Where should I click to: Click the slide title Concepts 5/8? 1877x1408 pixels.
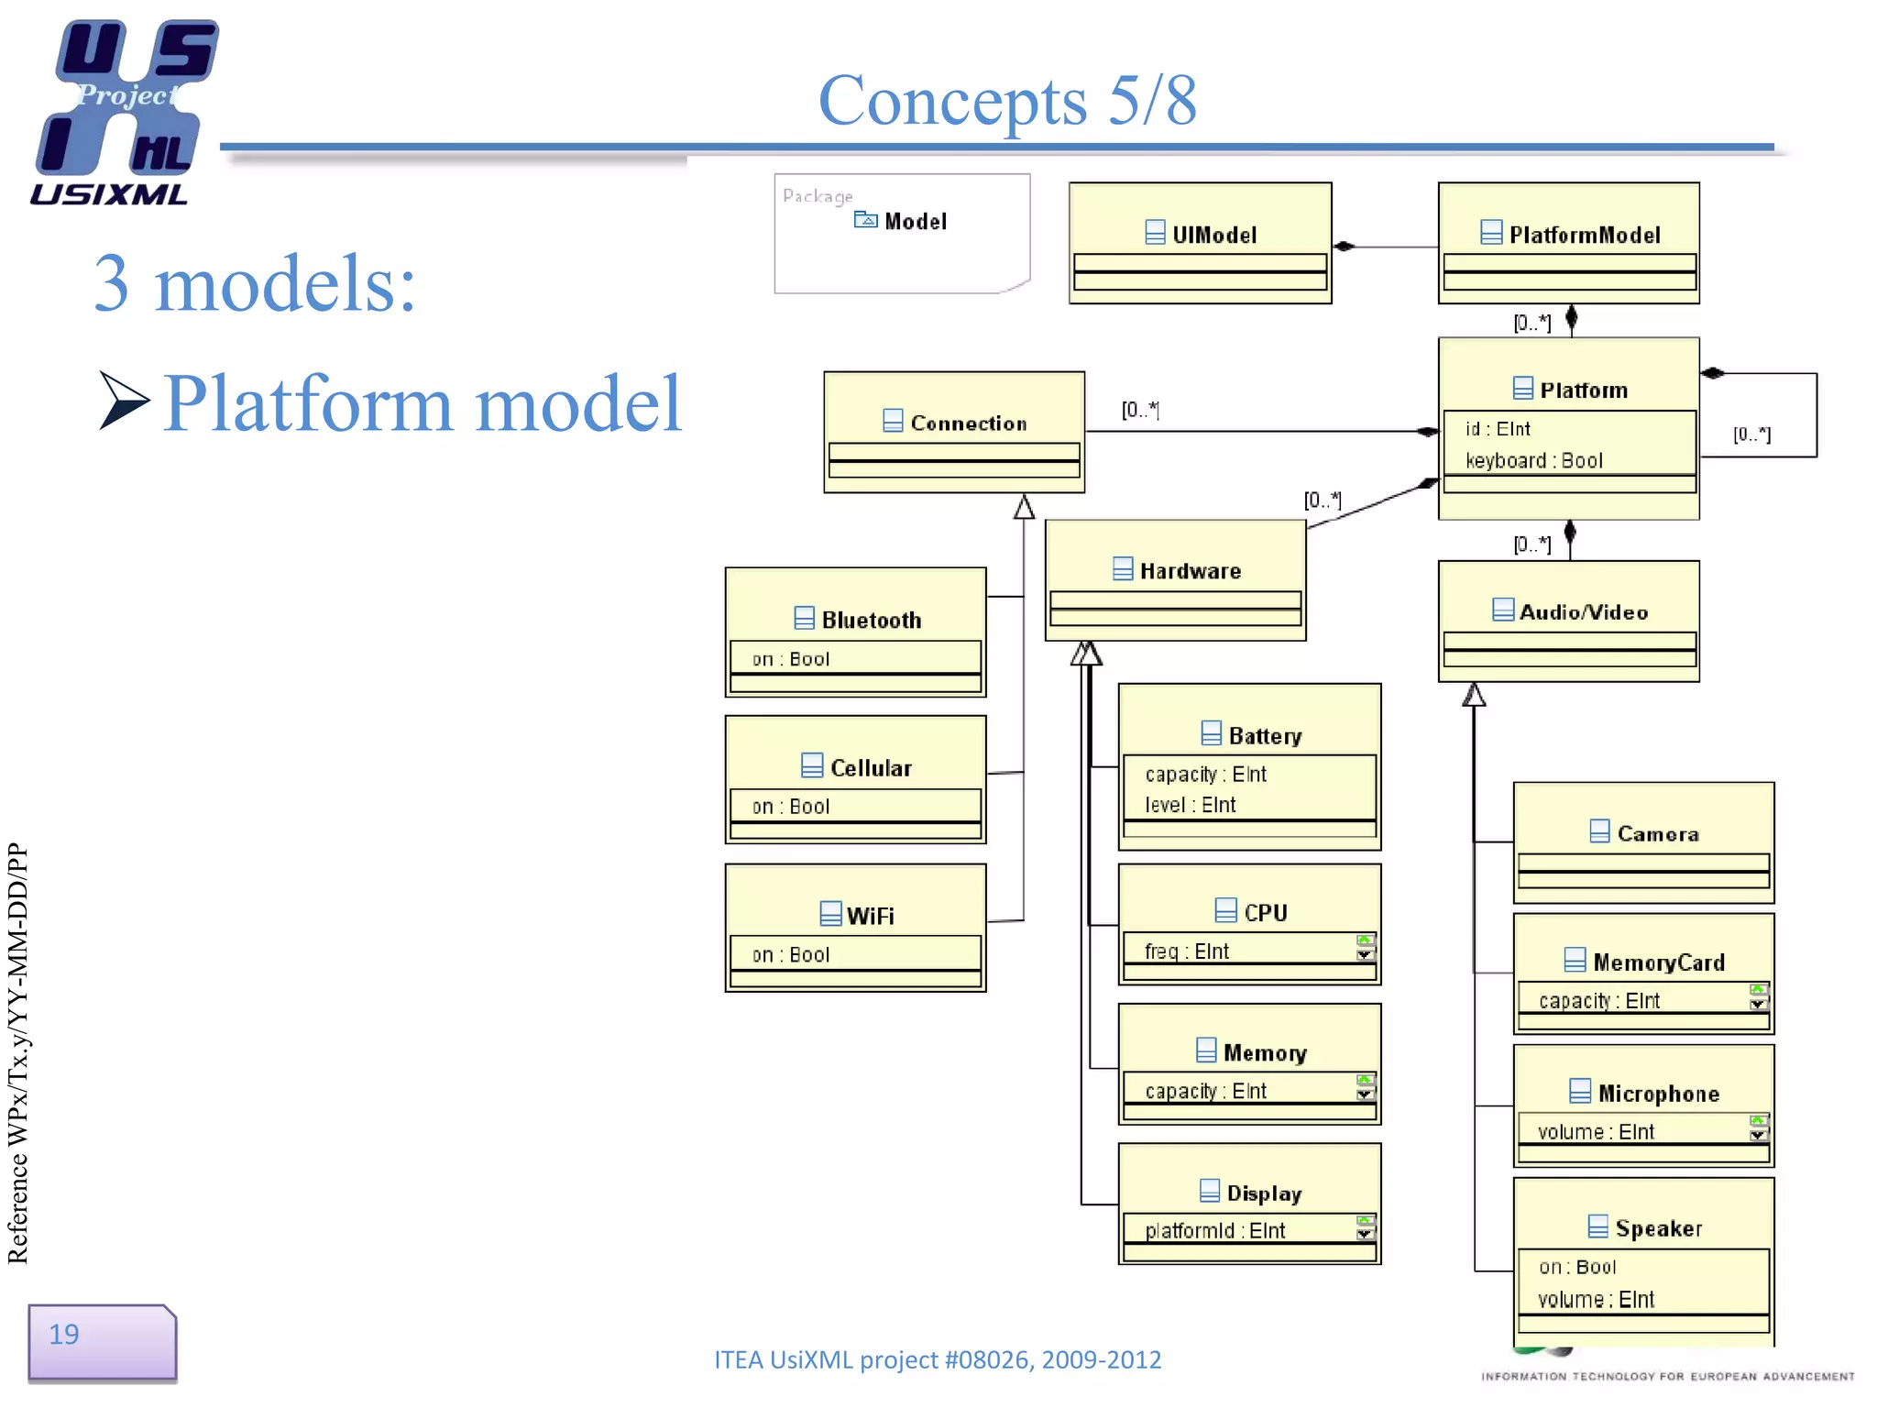point(1006,101)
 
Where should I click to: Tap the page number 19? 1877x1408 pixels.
point(64,1334)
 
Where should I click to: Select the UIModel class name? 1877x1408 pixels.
point(1213,235)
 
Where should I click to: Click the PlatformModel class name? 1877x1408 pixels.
point(1584,235)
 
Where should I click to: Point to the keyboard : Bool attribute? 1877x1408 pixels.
point(1533,460)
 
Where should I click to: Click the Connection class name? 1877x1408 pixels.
point(968,423)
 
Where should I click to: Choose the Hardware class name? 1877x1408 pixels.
point(1190,570)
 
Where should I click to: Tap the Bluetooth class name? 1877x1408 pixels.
point(871,620)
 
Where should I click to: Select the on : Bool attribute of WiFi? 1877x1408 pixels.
point(791,954)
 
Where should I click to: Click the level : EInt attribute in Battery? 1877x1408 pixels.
point(1191,804)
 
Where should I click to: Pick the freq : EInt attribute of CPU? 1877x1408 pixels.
point(1187,951)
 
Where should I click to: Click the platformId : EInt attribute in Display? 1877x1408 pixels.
point(1215,1230)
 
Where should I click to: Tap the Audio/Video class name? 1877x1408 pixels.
point(1583,611)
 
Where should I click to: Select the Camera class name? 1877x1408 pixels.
point(1657,833)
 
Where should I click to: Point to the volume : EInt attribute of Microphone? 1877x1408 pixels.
point(1596,1131)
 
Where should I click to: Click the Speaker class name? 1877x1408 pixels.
point(1658,1227)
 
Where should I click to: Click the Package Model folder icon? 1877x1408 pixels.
point(865,219)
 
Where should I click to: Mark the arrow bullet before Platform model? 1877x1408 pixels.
point(124,401)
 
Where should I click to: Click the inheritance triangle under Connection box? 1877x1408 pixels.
point(1024,507)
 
